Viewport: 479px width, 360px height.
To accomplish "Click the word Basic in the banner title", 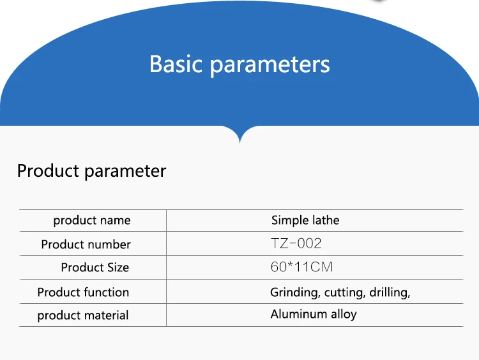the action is pos(176,64).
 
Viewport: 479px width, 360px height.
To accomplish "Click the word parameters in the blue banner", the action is pos(270,65).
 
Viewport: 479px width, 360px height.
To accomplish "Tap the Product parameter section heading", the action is pos(91,171).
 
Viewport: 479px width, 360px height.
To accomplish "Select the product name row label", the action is pos(92,220).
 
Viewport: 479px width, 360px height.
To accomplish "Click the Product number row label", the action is pos(86,244).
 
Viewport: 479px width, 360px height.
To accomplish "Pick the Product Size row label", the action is pos(95,267).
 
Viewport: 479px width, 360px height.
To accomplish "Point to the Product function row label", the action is pos(83,292).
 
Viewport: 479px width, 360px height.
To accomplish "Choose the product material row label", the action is pos(83,315).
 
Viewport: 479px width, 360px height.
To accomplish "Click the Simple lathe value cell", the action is pos(305,220).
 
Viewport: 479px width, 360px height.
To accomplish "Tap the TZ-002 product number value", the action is pos(296,244).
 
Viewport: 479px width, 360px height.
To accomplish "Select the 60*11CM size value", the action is pos(301,267).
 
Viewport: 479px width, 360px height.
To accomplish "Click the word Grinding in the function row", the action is pos(296,292).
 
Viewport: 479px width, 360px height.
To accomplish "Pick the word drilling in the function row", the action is pos(390,292).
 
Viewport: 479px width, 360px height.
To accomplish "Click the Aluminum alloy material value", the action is pos(314,314).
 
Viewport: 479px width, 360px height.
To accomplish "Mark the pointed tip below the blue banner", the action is pos(240,142).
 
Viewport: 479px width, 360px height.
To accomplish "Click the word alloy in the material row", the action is pos(344,315).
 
